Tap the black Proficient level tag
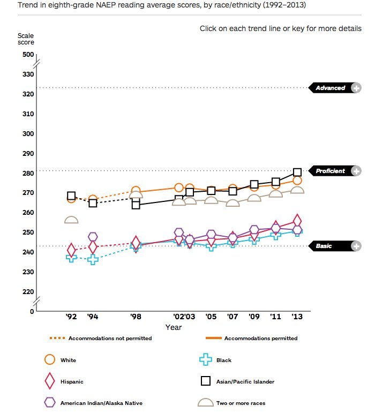330,171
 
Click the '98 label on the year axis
136,317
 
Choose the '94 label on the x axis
92,317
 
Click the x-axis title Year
173,327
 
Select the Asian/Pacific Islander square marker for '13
297,172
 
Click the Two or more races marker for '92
71,220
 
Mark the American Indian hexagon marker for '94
93,237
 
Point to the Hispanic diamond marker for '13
297,221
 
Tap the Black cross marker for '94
93,260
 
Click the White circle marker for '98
136,191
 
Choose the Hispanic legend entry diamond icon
50,381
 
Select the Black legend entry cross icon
205,361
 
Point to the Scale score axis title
25,39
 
